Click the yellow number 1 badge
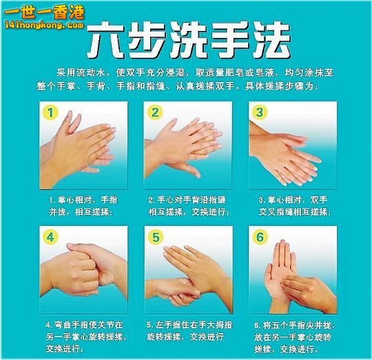50,112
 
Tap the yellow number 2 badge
155,112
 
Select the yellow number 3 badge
260,112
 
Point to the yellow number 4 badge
50,237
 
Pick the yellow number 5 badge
156,237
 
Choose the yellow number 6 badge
260,237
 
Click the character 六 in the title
106,41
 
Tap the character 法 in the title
271,41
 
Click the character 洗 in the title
188,41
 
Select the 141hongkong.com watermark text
44,25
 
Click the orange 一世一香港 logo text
44,12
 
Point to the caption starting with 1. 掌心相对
83,206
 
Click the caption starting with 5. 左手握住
189,330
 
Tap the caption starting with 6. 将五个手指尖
294,337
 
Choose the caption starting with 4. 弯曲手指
85,337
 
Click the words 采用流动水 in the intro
81,72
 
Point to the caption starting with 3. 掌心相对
294,206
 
